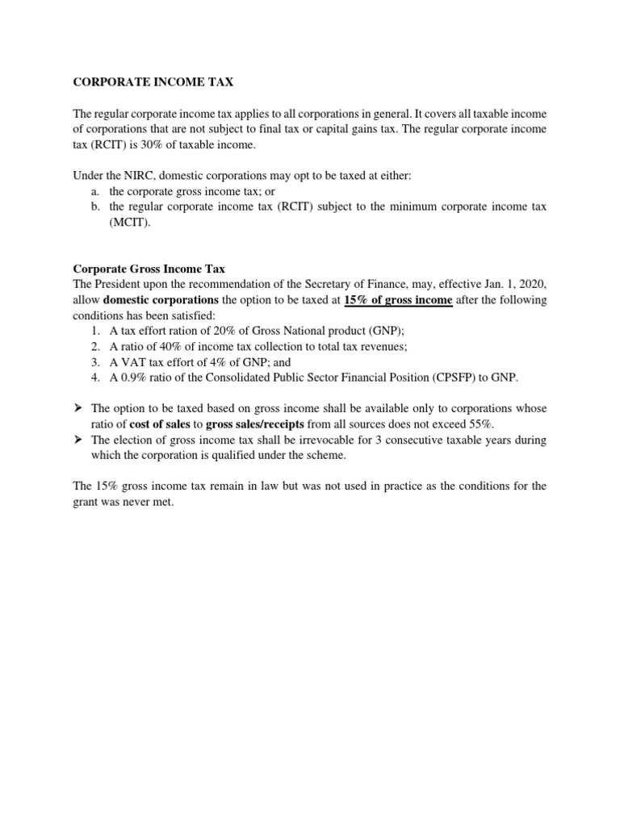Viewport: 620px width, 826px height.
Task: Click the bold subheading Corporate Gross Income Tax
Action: tap(149, 269)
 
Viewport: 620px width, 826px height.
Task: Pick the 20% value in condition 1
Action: tap(196, 331)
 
